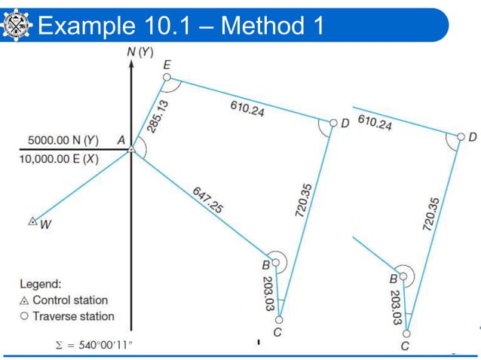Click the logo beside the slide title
pos(16,26)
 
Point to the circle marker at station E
pos(167,77)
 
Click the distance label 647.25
pos(206,200)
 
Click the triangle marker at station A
pos(131,149)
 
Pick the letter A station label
pos(120,139)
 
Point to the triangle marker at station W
pos(32,221)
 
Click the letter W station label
pos(44,224)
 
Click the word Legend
pos(40,284)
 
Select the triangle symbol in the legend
pos(24,301)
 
